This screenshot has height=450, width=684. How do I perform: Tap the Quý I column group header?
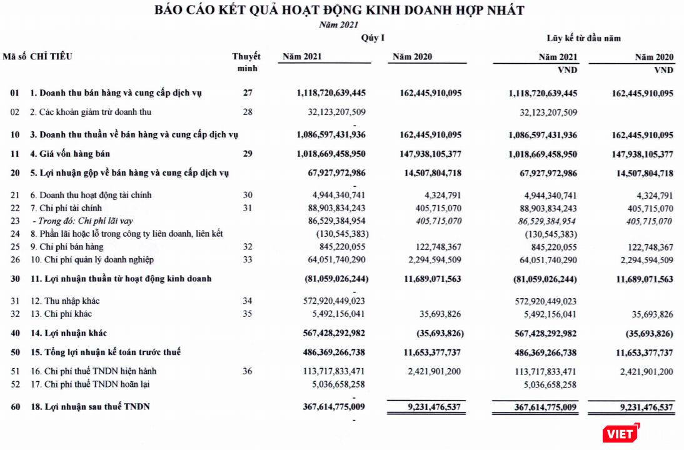373,38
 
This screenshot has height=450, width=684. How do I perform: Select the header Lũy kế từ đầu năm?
583,38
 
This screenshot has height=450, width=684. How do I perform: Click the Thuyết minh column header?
246,62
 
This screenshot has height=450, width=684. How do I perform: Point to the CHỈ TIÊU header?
51,56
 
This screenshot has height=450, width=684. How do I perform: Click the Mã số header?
14,56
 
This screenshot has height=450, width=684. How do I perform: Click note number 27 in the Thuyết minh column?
248,93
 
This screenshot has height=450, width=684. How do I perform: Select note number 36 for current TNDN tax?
248,371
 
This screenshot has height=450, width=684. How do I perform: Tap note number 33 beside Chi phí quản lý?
248,259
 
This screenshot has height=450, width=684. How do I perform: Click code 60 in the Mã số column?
15,407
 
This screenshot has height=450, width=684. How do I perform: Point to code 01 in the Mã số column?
15,93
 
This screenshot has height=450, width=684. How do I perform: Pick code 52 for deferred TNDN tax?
15,384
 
